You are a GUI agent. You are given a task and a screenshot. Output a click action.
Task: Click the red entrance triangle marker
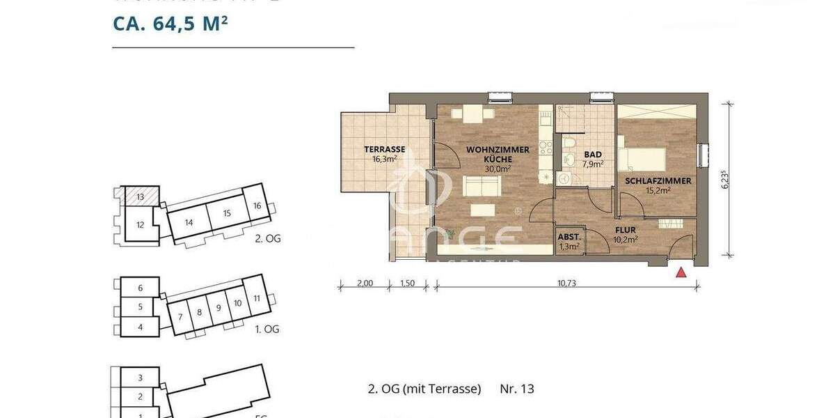[x=681, y=272]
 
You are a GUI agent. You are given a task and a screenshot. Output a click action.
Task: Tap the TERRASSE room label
[x=385, y=149]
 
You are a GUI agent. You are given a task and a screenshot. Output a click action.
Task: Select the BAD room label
[x=593, y=155]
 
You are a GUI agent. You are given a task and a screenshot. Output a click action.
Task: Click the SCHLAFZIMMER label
[x=658, y=181]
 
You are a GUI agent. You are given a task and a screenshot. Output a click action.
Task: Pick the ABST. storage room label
[x=570, y=236]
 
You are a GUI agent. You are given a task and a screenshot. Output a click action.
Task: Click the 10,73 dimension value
[x=568, y=284]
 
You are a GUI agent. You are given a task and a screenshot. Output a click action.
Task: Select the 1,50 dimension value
[x=408, y=284]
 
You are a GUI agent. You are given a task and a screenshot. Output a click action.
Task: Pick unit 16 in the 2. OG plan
[x=257, y=206]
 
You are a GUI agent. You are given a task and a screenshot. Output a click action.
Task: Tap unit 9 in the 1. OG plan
[x=218, y=307]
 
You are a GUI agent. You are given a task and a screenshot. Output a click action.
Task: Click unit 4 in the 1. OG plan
[x=140, y=326]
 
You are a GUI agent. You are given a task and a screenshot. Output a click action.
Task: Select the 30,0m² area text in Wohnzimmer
[x=498, y=168]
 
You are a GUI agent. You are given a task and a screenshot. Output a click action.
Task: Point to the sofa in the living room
[x=482, y=186]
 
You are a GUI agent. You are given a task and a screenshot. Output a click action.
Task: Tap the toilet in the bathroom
[x=569, y=144]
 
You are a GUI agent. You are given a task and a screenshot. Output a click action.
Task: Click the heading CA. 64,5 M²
[x=171, y=24]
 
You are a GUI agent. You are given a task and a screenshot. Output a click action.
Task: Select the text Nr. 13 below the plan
[x=517, y=389]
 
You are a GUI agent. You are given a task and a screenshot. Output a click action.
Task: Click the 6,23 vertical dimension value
[x=725, y=180]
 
